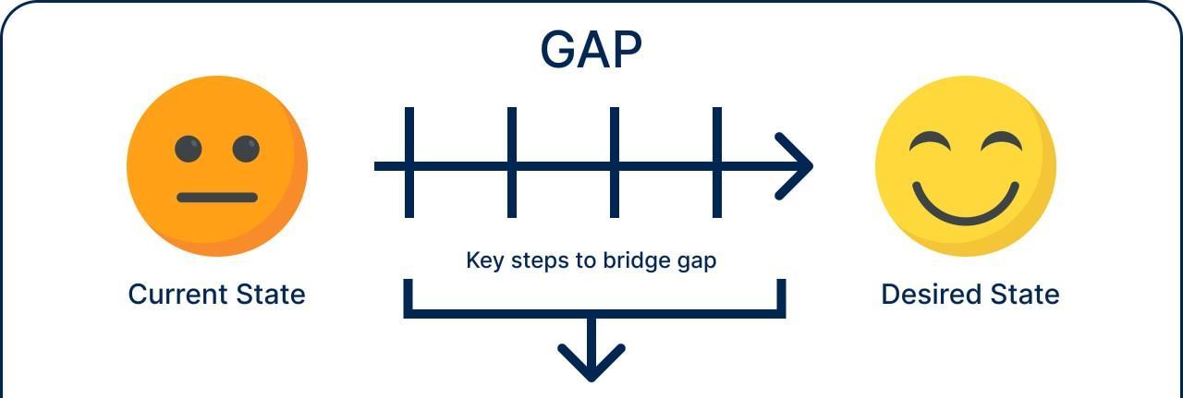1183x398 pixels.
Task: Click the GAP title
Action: coord(591,50)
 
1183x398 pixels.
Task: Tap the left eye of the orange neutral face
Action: coord(189,149)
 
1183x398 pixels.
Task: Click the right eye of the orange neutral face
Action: coord(246,149)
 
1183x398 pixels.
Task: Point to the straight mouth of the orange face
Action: coord(217,198)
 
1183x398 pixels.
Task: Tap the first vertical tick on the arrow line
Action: coord(409,163)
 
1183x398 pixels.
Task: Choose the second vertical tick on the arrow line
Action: coord(512,163)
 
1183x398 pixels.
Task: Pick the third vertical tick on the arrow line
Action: coord(615,163)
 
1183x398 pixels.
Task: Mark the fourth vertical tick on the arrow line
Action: coord(717,163)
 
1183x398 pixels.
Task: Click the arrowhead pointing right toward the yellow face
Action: coord(797,166)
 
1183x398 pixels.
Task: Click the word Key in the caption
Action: coord(483,260)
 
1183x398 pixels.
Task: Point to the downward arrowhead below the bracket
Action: coord(591,364)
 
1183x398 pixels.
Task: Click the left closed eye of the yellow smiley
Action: coord(929,141)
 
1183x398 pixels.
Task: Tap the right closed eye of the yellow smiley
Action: coord(1001,141)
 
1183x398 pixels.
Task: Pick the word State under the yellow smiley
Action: coord(1025,295)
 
